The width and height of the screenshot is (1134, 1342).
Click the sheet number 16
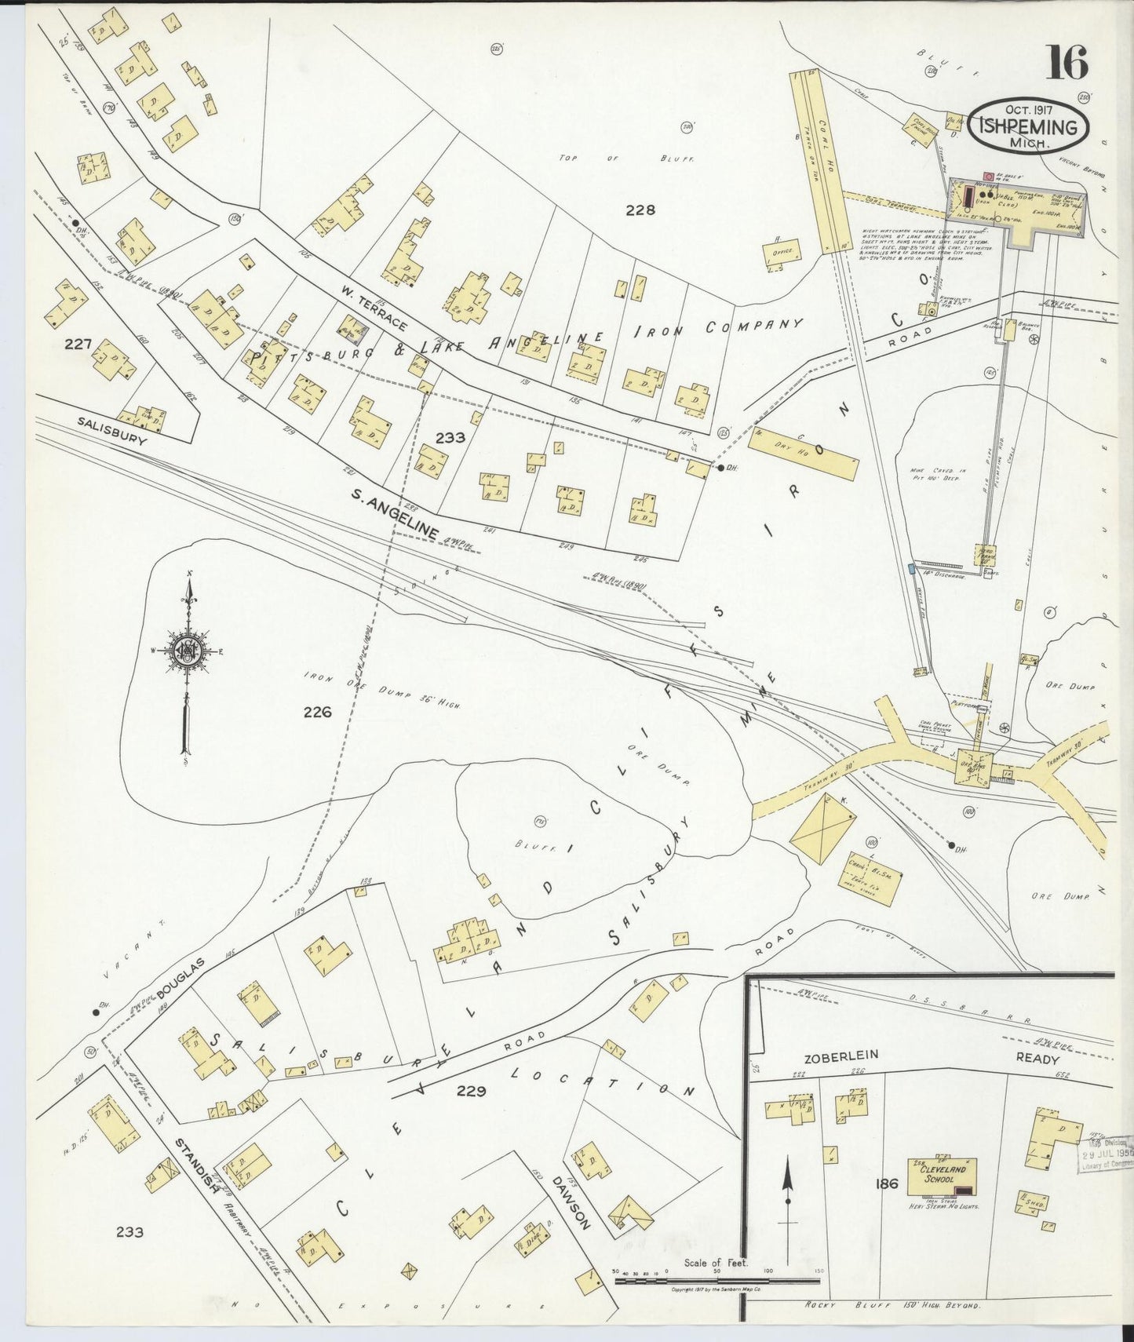1067,63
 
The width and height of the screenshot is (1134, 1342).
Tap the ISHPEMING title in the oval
1027,127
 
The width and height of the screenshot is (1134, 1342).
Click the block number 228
640,210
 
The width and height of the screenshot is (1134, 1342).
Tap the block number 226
317,712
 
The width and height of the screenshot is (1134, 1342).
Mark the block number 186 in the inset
887,1184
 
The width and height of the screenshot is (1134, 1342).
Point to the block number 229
471,1091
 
